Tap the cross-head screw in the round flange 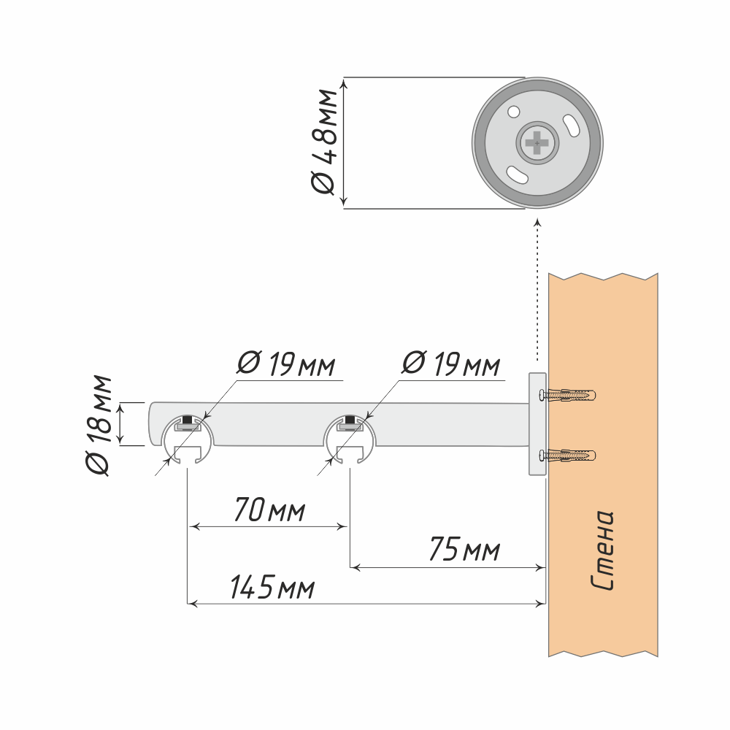pyautogui.click(x=537, y=143)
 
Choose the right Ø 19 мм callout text pyautogui.click(x=451, y=364)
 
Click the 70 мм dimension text pyautogui.click(x=268, y=510)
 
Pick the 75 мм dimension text pyautogui.click(x=464, y=550)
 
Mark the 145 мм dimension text pyautogui.click(x=272, y=588)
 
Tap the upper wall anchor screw pyautogui.click(x=567, y=396)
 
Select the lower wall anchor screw pyautogui.click(x=567, y=456)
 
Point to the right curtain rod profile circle pyautogui.click(x=350, y=440)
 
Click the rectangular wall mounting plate pyautogui.click(x=537, y=424)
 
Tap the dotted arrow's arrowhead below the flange pyautogui.click(x=537, y=221)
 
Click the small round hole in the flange pyautogui.click(x=513, y=113)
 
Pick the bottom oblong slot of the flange pyautogui.click(x=518, y=175)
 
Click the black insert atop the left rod pyautogui.click(x=188, y=420)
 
